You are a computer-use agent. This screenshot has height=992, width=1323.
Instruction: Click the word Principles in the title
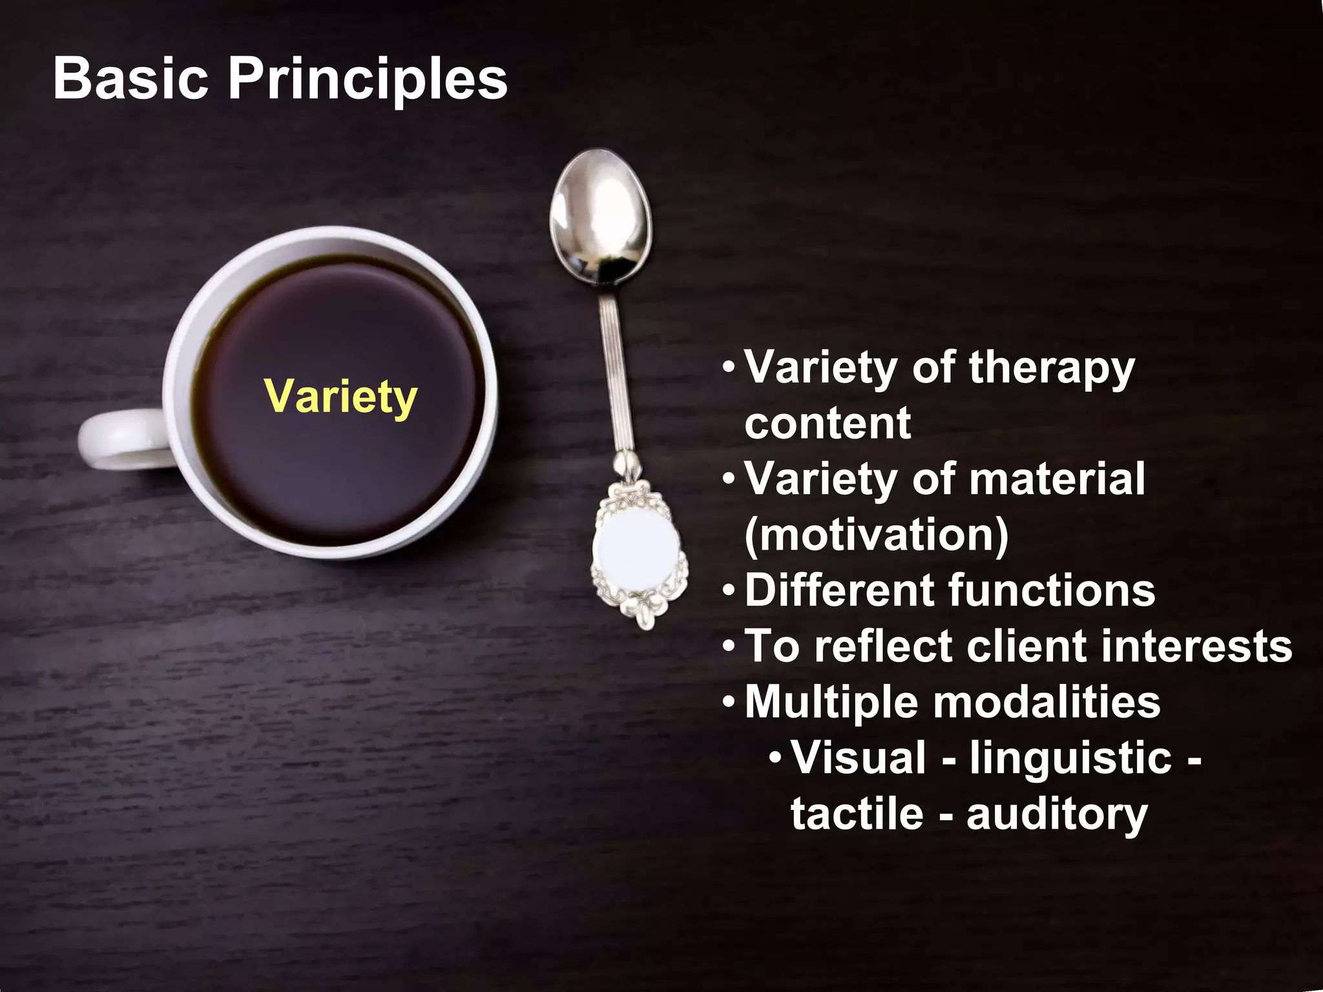click(368, 80)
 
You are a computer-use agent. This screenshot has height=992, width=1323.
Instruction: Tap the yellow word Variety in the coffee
click(340, 397)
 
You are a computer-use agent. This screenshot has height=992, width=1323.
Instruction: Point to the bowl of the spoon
click(600, 216)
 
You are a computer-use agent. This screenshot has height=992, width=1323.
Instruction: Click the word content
click(828, 424)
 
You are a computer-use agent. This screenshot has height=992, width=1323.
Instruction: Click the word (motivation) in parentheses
click(876, 536)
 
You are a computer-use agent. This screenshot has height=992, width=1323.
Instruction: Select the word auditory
click(1057, 815)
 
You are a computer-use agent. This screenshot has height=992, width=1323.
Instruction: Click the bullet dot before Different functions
click(729, 591)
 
